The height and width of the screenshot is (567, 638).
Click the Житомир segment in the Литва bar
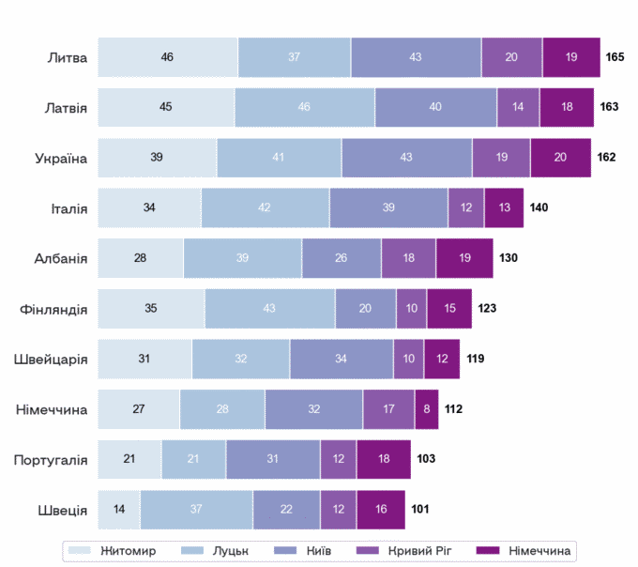(167, 57)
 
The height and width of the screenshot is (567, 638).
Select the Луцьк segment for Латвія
(304, 107)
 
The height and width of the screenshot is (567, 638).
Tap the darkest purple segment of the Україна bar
(560, 158)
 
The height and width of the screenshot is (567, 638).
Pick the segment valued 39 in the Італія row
(388, 207)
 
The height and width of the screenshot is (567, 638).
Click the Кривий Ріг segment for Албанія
(408, 258)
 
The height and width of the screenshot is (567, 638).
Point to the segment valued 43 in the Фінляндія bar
(269, 308)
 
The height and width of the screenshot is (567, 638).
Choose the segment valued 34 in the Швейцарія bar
(341, 359)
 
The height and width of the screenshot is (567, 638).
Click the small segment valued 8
(427, 409)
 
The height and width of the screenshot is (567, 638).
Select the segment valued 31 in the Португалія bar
(272, 459)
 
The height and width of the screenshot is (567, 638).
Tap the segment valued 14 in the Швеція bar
(119, 510)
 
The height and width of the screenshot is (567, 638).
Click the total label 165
(615, 57)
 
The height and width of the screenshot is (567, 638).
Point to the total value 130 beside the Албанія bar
(508, 258)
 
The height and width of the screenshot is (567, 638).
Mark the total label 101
(420, 510)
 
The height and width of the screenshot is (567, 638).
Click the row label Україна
(60, 158)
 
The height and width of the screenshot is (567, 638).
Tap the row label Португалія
(51, 459)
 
